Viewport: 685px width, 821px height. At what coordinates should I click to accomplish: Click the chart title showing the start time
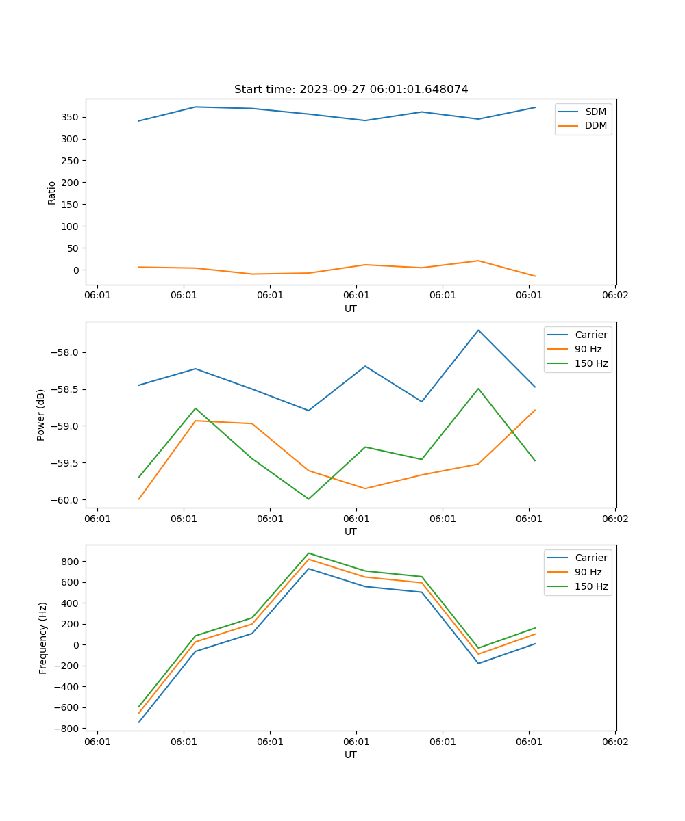tap(351, 90)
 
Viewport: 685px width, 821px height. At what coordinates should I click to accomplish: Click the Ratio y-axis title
tap(52, 192)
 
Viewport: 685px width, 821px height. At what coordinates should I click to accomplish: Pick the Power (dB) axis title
tap(41, 415)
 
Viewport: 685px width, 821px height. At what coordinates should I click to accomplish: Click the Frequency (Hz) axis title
tap(43, 638)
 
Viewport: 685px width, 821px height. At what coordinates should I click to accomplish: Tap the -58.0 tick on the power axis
tap(67, 352)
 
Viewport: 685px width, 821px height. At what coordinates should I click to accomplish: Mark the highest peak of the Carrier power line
tap(478, 330)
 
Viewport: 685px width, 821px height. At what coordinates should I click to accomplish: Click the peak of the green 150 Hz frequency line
tap(308, 553)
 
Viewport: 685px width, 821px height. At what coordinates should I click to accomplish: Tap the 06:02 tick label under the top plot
tap(614, 296)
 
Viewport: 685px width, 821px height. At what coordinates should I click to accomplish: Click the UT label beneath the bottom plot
tap(351, 755)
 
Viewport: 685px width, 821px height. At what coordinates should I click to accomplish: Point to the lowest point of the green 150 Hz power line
tap(308, 499)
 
